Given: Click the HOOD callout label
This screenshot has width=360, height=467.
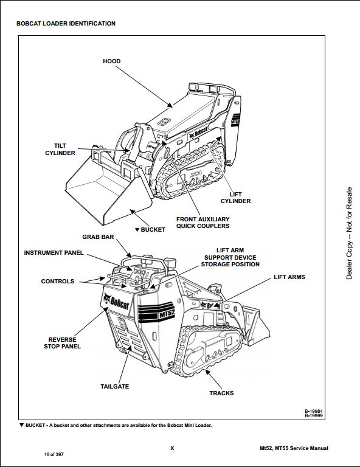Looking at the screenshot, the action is coord(112,61).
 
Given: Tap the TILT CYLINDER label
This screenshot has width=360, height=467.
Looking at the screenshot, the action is coord(60,149).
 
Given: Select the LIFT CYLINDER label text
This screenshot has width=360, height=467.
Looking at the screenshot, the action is coord(235,198).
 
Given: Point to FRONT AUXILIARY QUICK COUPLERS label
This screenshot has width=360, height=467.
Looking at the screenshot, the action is coord(202,223).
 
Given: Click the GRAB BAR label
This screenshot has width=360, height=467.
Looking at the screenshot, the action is coord(98,237).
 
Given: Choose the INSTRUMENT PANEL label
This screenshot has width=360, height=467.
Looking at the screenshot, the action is coord(54,253).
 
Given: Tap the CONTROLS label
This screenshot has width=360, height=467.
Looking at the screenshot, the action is coord(58,282).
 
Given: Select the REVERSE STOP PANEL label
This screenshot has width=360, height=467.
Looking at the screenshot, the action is coord(62,343).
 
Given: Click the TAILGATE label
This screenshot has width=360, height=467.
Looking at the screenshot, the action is coord(115,387).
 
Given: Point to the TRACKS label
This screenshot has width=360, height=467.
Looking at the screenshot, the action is coord(221,393).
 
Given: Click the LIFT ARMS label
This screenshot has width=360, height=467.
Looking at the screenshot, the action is coord(289,277).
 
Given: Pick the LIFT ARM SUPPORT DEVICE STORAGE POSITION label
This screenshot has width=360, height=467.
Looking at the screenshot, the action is coord(230,257).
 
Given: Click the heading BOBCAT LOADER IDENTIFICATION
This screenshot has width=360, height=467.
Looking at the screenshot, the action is coord(66,24).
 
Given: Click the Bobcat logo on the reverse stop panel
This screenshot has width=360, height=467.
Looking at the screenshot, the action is coord(116,302).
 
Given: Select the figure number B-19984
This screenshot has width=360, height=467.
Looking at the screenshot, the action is coord(314,411).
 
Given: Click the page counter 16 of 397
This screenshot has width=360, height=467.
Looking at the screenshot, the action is coord(54,454).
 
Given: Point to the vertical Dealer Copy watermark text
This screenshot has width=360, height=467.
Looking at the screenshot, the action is coord(349,233).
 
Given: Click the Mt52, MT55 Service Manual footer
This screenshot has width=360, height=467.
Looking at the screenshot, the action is coord(294,448).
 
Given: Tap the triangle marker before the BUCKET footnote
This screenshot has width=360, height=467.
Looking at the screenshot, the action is coord(21,425).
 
